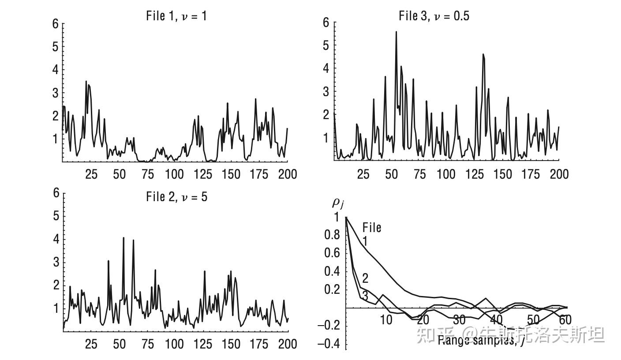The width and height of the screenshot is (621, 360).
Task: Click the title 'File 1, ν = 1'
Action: (x=176, y=17)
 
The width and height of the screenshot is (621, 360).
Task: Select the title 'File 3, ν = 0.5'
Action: (x=434, y=16)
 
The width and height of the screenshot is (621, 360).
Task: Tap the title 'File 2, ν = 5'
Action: (x=176, y=197)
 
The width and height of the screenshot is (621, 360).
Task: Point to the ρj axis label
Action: (x=338, y=203)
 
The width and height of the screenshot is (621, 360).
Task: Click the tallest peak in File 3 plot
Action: (x=396, y=32)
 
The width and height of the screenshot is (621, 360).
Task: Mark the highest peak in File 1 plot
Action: (x=86, y=82)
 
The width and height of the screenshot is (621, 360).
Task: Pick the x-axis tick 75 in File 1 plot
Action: (x=147, y=174)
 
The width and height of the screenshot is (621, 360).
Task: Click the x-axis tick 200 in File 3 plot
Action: (x=559, y=174)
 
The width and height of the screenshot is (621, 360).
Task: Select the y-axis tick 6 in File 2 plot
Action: (x=56, y=193)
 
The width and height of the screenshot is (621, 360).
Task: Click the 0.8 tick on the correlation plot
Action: (x=332, y=235)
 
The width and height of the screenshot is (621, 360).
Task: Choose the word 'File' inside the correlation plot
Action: (x=372, y=228)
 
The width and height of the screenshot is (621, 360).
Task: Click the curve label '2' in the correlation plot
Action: (x=365, y=278)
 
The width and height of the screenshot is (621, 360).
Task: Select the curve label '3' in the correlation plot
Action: (x=365, y=295)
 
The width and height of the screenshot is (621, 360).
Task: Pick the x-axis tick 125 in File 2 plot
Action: (x=203, y=344)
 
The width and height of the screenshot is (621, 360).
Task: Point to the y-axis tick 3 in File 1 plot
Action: (x=56, y=93)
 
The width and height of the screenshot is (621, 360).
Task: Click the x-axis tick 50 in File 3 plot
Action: (x=391, y=174)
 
